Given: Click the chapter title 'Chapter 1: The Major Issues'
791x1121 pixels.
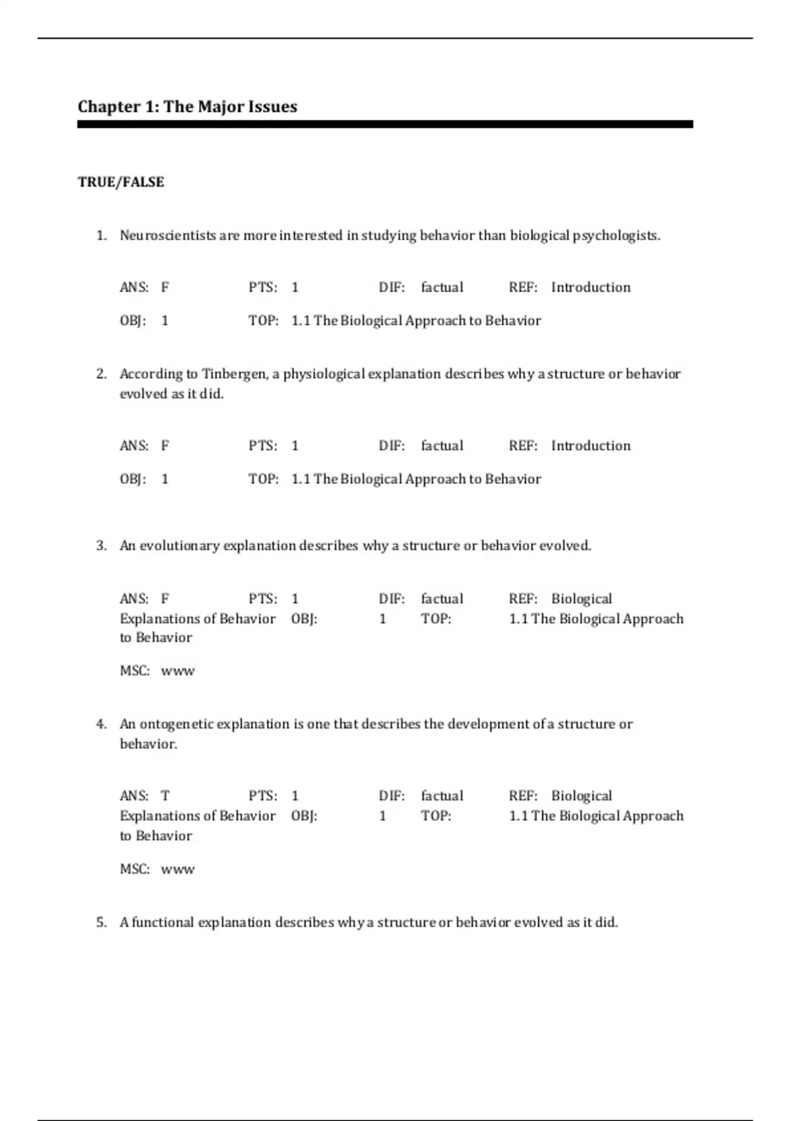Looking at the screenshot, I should click(x=187, y=107).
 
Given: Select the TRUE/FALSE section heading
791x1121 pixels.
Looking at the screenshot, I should click(x=121, y=182).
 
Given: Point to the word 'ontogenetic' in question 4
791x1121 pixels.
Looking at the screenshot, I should click(x=177, y=724).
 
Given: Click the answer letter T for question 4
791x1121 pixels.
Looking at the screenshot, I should click(x=165, y=796).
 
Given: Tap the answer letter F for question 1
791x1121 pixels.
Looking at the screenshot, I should click(x=165, y=288).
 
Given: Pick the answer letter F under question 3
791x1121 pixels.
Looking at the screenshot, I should click(x=165, y=599).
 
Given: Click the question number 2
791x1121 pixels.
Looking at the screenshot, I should click(x=101, y=374).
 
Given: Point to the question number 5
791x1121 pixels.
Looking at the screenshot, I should click(x=101, y=922).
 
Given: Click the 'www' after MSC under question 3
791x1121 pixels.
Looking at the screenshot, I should click(x=178, y=671).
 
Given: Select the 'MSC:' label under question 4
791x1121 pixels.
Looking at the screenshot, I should click(x=134, y=869).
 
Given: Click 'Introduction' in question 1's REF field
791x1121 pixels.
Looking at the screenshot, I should click(x=591, y=288).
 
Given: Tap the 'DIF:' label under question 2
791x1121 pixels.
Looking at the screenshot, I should click(x=392, y=446).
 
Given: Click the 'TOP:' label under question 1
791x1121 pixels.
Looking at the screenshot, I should click(x=263, y=321).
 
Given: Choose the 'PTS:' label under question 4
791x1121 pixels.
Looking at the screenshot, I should click(x=262, y=796).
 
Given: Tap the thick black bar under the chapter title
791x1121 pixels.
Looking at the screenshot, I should click(x=385, y=124).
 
